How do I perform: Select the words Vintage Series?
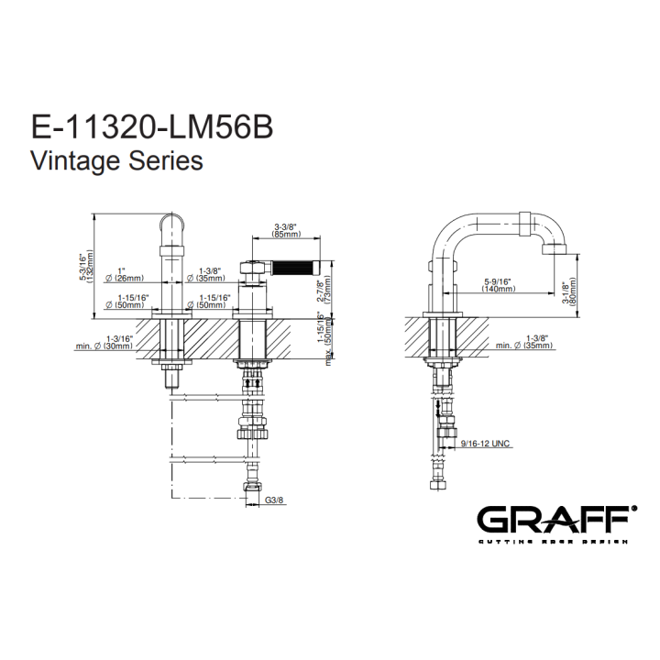point(117,160)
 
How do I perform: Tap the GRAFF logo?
point(556,520)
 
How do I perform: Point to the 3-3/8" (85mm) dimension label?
point(286,231)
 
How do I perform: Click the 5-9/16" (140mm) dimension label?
point(500,285)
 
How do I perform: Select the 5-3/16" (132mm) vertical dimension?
point(88,267)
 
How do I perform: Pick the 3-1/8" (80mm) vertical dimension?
point(569,294)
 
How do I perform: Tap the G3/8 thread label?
point(274,500)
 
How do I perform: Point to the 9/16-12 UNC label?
point(485,444)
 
